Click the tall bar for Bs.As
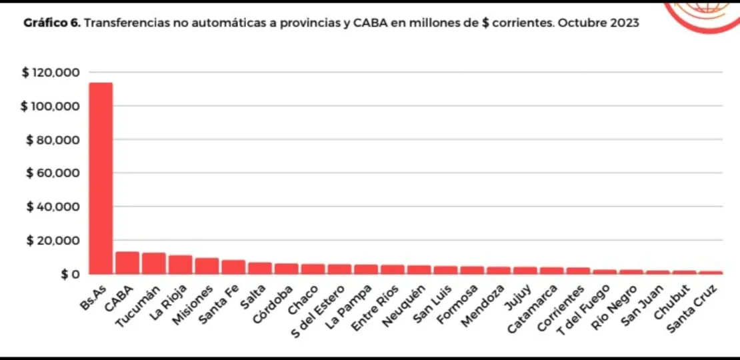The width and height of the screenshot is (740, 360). tap(101, 178)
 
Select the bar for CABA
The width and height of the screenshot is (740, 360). tap(127, 263)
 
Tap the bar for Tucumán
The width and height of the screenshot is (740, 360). tap(154, 263)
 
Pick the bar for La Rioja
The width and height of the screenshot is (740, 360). tap(180, 265)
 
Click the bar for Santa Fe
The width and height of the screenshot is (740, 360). tap(233, 267)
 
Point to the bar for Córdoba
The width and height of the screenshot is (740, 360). tap(287, 269)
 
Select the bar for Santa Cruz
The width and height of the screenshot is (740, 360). tap(711, 272)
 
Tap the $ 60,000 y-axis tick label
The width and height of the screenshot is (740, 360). tap(53, 173)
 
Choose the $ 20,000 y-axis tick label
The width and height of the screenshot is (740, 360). tap(53, 241)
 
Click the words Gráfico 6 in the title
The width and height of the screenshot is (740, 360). tap(52, 23)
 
